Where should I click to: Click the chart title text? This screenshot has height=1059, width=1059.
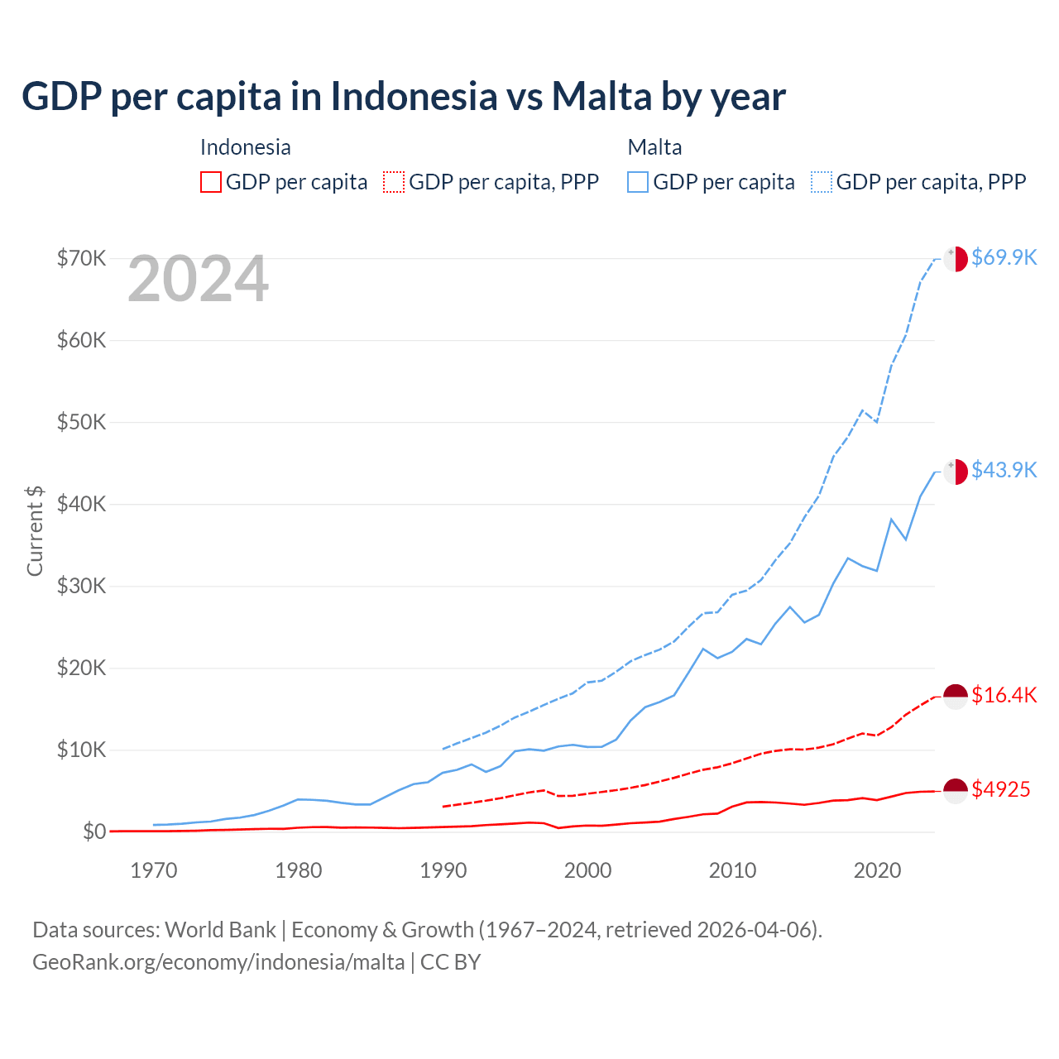[x=404, y=97]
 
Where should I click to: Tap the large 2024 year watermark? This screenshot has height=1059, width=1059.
[x=199, y=280]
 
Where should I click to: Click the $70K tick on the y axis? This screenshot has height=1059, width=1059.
[x=81, y=258]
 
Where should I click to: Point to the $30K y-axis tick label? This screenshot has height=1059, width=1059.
[x=81, y=586]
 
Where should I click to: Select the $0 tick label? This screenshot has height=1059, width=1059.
[x=93, y=831]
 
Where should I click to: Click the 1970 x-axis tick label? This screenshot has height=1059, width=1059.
[x=154, y=870]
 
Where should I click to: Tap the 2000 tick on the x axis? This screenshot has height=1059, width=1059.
[x=587, y=870]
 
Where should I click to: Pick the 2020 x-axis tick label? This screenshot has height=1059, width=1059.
[x=877, y=870]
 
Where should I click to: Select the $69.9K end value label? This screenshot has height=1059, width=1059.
[x=1004, y=257]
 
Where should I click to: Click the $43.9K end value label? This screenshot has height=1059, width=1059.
[x=1004, y=470]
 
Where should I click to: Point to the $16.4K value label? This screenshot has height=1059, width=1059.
[x=1004, y=695]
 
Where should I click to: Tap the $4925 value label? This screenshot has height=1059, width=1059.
[x=1000, y=789]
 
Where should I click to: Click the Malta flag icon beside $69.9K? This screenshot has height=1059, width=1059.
[x=956, y=258]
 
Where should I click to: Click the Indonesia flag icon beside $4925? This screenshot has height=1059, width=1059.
[x=956, y=790]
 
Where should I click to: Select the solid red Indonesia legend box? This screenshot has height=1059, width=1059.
[x=211, y=182]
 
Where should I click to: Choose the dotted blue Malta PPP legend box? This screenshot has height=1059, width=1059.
[x=822, y=182]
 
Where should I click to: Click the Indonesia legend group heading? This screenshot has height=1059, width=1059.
[x=246, y=147]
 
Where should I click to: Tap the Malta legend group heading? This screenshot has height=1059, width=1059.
[x=654, y=147]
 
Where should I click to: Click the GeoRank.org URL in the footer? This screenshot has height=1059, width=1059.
[x=218, y=962]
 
